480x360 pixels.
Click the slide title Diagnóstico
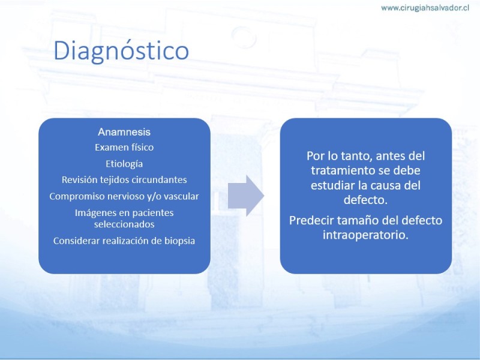tap(121, 51)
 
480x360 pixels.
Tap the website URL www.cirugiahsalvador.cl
tap(425, 8)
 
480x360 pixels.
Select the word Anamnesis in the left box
tap(124, 132)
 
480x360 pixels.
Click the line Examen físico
tap(124, 147)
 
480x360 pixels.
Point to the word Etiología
tap(124, 164)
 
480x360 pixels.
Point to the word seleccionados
tap(124, 224)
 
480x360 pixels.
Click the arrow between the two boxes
tap(246, 196)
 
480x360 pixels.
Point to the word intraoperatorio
tap(365, 235)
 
